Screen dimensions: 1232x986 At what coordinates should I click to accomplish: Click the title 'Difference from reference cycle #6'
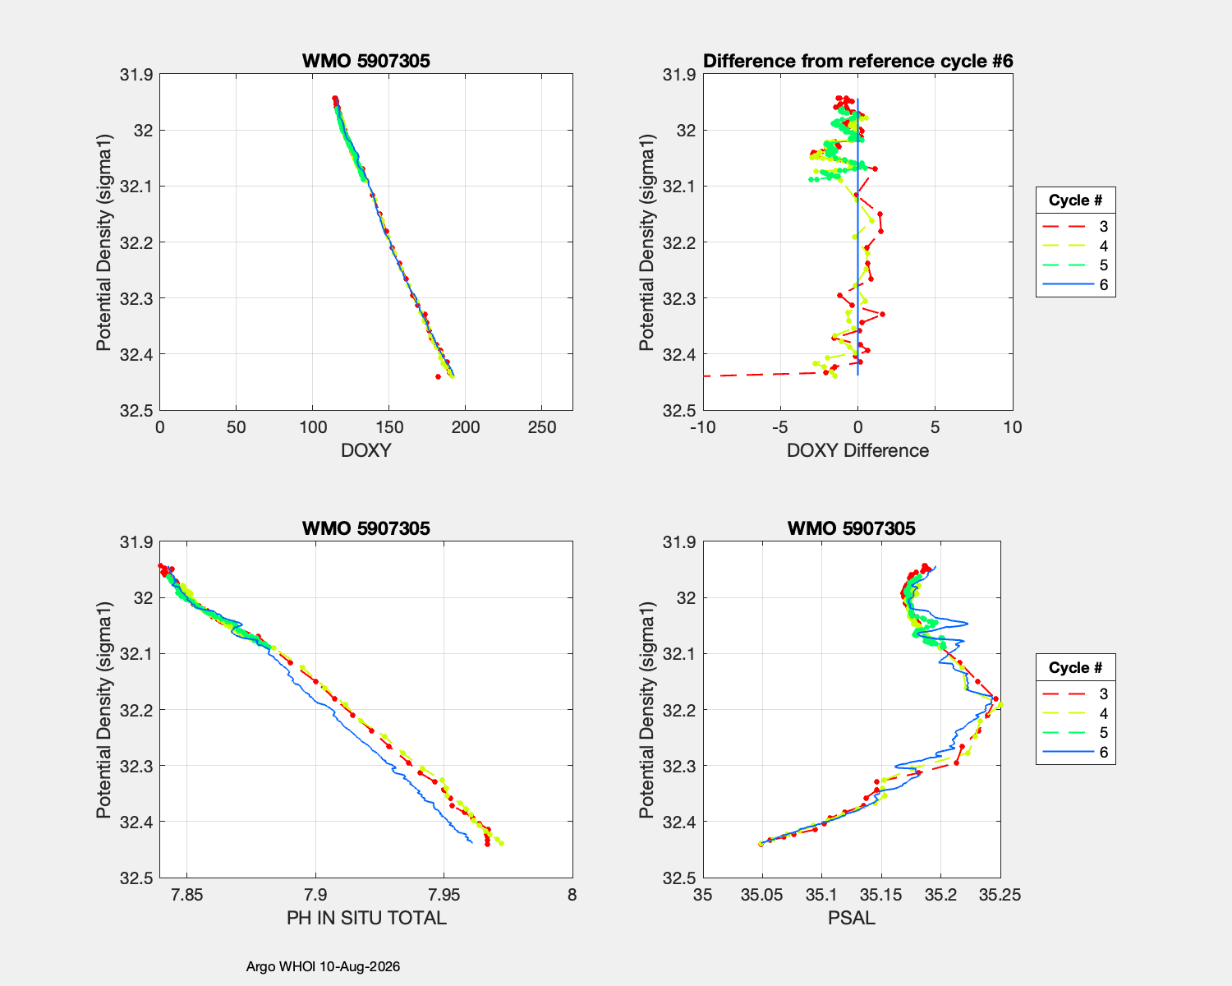[857, 61]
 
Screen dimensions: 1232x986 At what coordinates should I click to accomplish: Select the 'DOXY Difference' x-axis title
[857, 451]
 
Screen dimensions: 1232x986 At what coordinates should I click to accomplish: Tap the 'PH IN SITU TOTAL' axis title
[366, 919]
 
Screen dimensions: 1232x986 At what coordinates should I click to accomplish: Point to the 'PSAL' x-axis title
[851, 919]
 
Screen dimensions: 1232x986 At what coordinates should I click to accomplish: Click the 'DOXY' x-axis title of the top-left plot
[366, 451]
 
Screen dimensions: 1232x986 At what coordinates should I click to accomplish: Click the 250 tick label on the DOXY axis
[541, 427]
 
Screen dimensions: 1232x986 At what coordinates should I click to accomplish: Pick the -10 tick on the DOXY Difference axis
[703, 427]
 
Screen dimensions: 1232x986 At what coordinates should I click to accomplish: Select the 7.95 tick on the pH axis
[444, 895]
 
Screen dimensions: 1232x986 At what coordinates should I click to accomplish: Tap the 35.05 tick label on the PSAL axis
[762, 895]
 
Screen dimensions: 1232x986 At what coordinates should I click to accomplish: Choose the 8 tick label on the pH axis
[572, 895]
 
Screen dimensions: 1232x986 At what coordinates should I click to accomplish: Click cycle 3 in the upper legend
[1075, 226]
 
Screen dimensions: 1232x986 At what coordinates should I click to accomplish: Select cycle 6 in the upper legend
[1075, 285]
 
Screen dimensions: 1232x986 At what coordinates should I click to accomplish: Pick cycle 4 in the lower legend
[1075, 713]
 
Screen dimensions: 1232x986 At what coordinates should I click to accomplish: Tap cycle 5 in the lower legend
[1075, 733]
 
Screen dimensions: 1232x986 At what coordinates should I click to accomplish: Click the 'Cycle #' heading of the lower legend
[1075, 667]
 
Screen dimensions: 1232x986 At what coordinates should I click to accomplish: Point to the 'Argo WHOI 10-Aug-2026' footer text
[323, 966]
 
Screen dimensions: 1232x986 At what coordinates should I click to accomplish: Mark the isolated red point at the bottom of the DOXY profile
[438, 376]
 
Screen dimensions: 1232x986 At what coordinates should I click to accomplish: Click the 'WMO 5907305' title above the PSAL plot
[851, 528]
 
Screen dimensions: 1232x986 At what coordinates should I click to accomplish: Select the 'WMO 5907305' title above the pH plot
[366, 528]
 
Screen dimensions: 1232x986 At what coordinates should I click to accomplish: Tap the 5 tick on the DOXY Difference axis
[935, 427]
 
